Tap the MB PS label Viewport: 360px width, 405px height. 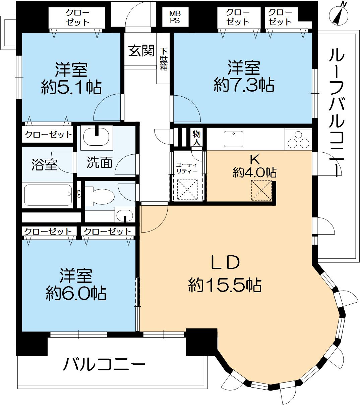click(x=174, y=17)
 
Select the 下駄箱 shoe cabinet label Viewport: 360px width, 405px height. click(x=164, y=59)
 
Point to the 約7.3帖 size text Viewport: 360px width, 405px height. click(x=244, y=86)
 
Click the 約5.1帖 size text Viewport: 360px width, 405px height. click(x=71, y=88)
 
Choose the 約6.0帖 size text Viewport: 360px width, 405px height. click(x=76, y=294)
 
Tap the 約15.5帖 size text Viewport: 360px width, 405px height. click(x=225, y=285)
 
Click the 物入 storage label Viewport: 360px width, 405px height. click(x=196, y=138)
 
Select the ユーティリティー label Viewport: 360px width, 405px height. click(x=187, y=168)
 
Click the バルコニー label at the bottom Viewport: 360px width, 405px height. click(x=104, y=364)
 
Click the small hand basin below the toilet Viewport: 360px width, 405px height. click(x=125, y=214)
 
